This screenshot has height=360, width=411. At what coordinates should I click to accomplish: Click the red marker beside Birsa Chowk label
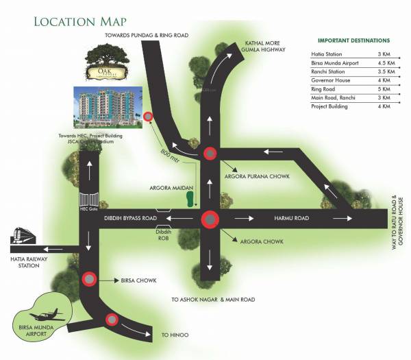point(89,279)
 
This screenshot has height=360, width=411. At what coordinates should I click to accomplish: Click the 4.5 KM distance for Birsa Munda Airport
point(384,62)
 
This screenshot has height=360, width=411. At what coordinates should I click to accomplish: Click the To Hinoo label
point(175,334)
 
